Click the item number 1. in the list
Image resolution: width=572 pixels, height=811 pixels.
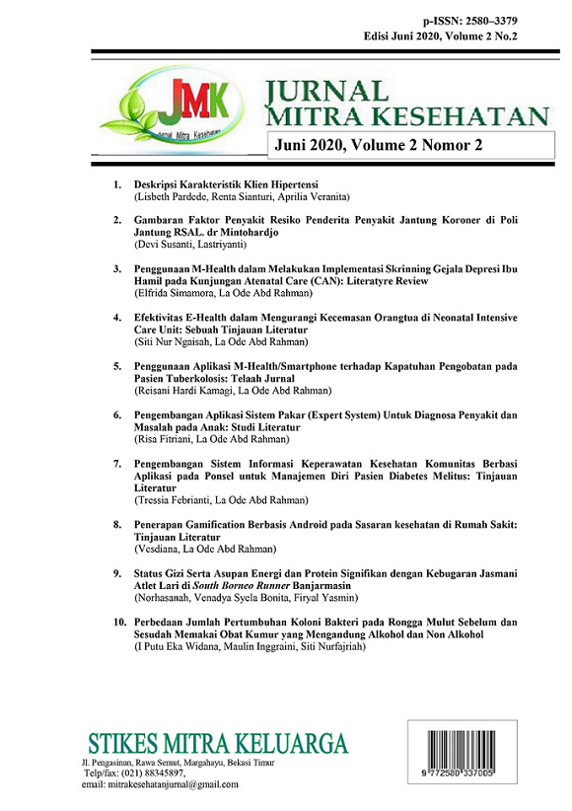click(x=117, y=185)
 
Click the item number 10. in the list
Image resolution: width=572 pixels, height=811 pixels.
click(x=118, y=624)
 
